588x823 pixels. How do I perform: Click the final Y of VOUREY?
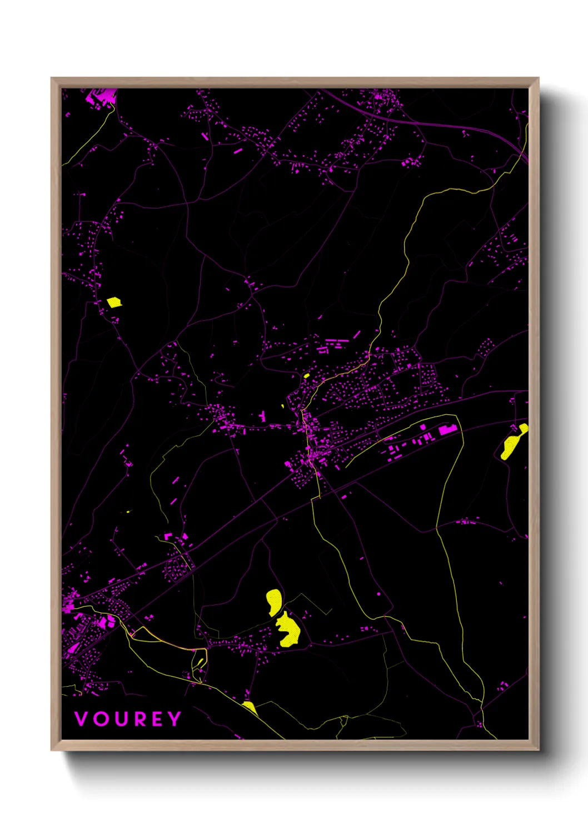tap(175, 719)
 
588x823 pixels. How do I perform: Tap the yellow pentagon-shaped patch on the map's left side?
tap(114, 303)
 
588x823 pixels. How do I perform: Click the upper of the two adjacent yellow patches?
tap(274, 602)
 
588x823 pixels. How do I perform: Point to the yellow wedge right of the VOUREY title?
tap(250, 707)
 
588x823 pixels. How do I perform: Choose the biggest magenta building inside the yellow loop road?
tap(447, 430)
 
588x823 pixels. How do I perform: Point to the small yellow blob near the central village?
tap(307, 376)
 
